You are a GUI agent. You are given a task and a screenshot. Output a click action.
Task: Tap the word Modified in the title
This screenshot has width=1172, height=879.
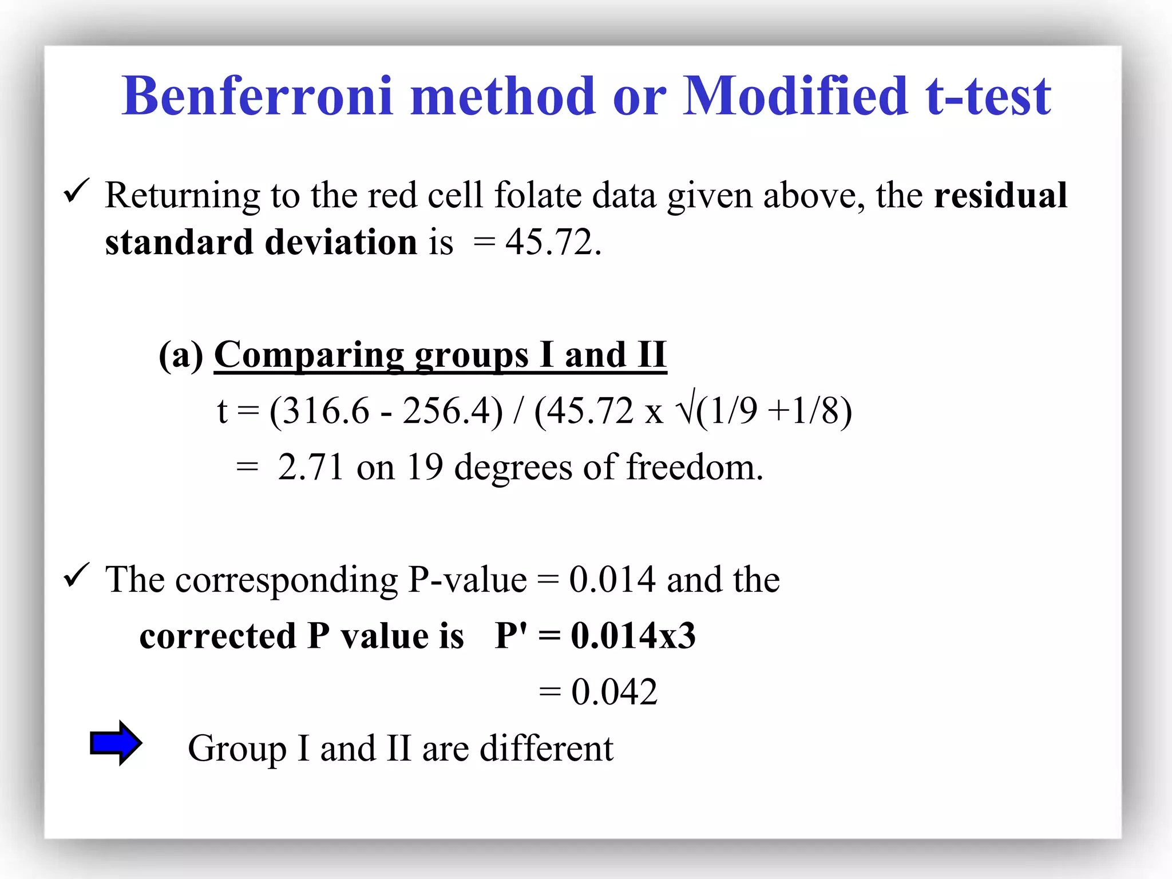coord(795,96)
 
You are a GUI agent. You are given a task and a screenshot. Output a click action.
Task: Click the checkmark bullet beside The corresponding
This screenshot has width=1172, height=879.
coord(76,575)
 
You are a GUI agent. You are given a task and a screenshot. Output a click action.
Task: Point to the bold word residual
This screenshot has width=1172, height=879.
coord(1000,195)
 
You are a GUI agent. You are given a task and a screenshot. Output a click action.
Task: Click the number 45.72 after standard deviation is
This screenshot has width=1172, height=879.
coord(550,242)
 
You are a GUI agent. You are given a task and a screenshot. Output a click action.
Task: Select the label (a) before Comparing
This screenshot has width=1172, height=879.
coord(181,355)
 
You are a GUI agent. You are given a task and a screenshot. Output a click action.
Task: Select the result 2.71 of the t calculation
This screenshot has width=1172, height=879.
coord(310,467)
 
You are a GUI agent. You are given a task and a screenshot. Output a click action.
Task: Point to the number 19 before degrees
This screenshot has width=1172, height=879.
coord(425,467)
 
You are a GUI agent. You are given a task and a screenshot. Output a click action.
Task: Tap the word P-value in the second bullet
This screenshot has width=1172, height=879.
coord(467,580)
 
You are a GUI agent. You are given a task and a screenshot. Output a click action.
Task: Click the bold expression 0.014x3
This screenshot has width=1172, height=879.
coord(633,636)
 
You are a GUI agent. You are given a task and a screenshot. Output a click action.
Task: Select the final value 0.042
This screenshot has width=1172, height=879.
coord(614,692)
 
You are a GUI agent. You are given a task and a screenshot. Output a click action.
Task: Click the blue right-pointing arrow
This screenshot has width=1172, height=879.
coord(116,743)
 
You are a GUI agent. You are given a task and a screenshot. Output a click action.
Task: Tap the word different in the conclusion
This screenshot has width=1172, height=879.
coord(546,748)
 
